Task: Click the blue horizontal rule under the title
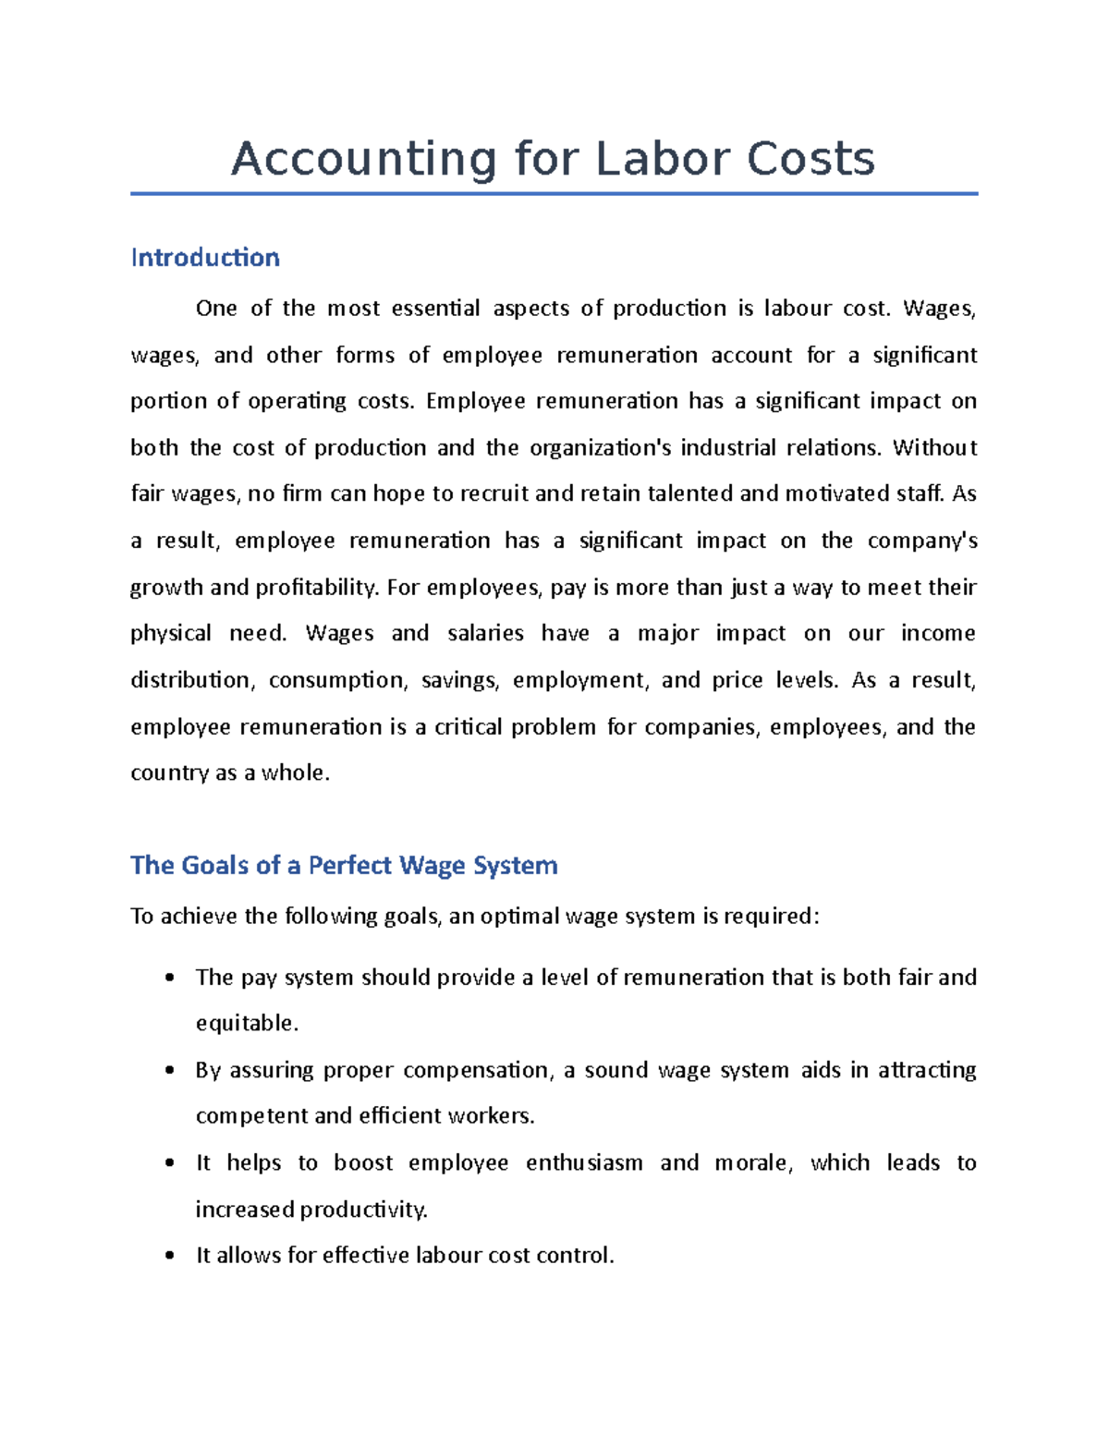pos(554,194)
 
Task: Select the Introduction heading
pos(205,258)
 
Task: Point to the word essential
pos(435,309)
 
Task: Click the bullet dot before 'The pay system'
pos(169,979)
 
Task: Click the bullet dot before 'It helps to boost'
pos(169,1163)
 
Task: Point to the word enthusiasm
pos(584,1163)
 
